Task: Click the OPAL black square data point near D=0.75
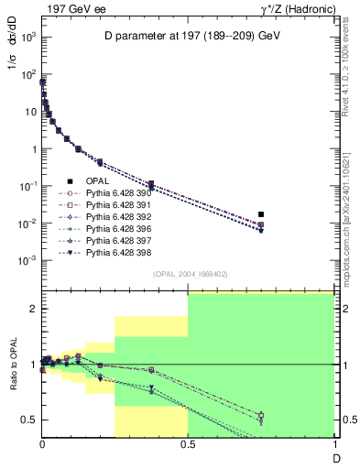(x=261, y=214)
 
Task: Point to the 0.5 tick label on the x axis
(x=188, y=443)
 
